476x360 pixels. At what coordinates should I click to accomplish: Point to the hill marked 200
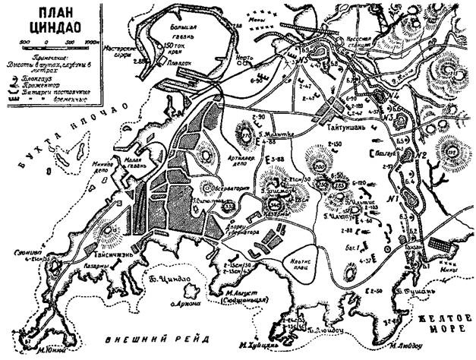point(320,166)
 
